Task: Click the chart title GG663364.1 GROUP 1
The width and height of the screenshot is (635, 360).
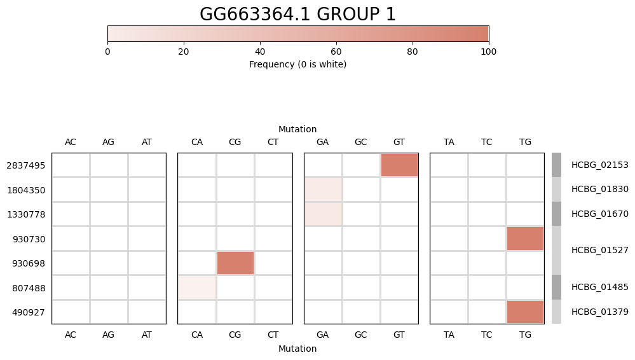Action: (297, 15)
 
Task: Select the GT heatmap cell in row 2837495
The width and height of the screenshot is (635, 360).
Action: (399, 165)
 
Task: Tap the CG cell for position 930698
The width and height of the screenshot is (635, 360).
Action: (235, 263)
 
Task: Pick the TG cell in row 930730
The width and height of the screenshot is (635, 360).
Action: (525, 239)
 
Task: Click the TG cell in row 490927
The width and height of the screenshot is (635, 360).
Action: (525, 312)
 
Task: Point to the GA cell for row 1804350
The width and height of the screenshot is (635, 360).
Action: (323, 190)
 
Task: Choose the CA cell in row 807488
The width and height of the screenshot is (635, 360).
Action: (197, 287)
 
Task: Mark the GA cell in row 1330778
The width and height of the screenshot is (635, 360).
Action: (323, 214)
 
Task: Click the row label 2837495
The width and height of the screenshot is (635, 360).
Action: (25, 165)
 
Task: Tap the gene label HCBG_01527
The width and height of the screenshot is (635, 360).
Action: (599, 251)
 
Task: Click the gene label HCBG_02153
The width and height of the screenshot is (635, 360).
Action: (599, 165)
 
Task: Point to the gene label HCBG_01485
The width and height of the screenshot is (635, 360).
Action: (599, 287)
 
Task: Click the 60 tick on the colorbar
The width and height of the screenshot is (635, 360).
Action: (336, 52)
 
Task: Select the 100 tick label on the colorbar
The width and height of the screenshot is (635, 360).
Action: (488, 52)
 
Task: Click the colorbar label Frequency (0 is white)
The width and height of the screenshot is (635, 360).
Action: (297, 64)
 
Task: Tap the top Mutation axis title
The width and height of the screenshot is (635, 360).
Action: (297, 129)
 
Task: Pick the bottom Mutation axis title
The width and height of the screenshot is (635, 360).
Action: (297, 349)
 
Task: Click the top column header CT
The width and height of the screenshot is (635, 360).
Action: (273, 142)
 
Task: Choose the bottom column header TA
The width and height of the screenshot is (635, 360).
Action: (449, 334)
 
